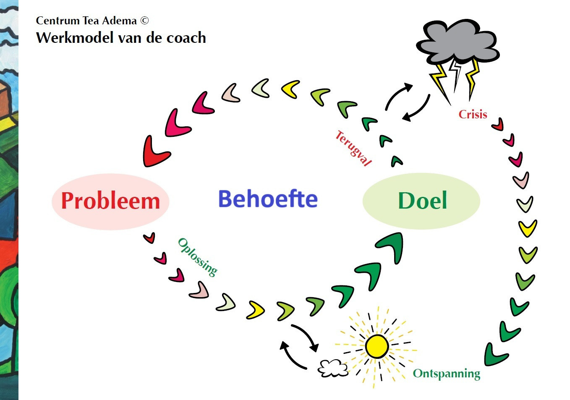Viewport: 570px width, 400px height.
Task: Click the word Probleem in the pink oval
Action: [110, 201]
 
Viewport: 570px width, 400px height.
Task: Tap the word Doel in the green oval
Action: [422, 201]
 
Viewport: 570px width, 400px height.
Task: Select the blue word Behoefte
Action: [268, 199]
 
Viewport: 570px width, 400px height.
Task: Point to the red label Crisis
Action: [473, 114]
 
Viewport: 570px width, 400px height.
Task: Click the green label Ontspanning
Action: [446, 373]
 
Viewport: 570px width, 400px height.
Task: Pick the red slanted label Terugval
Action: [353, 148]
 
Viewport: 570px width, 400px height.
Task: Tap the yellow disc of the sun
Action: [377, 346]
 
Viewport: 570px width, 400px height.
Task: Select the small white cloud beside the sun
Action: [333, 368]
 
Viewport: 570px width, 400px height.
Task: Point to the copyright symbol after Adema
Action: [144, 21]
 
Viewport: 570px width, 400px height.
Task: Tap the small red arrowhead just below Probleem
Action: [149, 238]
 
